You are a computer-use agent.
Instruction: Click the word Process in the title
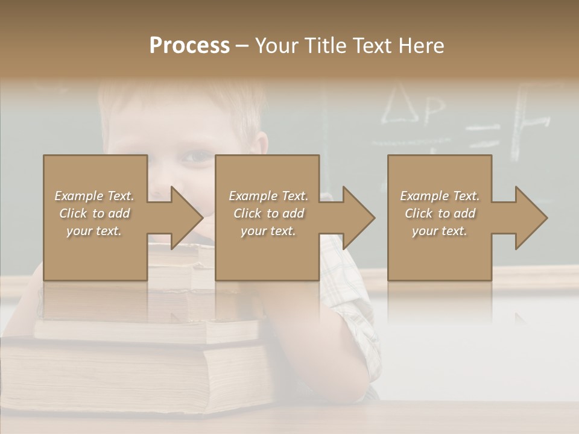pos(189,46)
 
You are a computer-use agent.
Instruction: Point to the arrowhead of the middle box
pos(358,218)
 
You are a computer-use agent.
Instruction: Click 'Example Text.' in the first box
pos(95,196)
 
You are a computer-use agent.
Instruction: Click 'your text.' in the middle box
pos(268,231)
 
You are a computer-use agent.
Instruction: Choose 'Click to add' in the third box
pos(440,213)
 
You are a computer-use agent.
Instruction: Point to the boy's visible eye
pos(197,158)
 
